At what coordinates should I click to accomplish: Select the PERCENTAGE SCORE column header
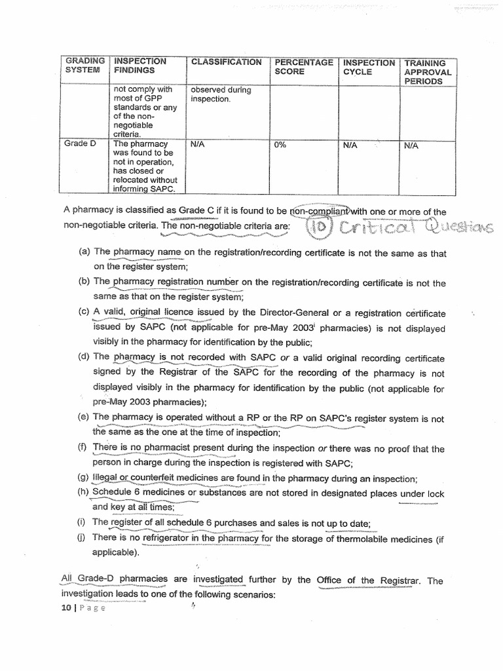pos(304,67)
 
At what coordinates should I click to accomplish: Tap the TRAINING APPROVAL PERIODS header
pos(428,72)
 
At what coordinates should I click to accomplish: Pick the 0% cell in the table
pos(280,145)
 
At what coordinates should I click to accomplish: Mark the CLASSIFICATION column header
pos(226,62)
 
